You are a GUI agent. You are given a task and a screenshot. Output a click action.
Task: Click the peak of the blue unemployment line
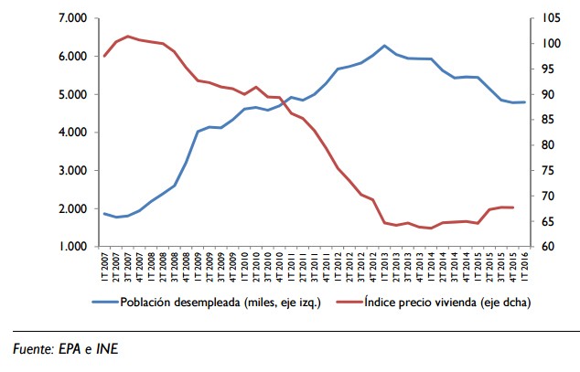point(385,46)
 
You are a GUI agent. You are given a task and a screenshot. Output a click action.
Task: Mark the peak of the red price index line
point(128,37)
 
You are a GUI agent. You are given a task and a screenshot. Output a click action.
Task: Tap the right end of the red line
point(513,207)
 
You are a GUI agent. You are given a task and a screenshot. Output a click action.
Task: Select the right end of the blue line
point(524,102)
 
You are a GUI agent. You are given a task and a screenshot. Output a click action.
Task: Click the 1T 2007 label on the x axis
point(105,269)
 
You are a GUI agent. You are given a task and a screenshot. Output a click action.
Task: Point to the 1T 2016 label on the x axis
point(525,269)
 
